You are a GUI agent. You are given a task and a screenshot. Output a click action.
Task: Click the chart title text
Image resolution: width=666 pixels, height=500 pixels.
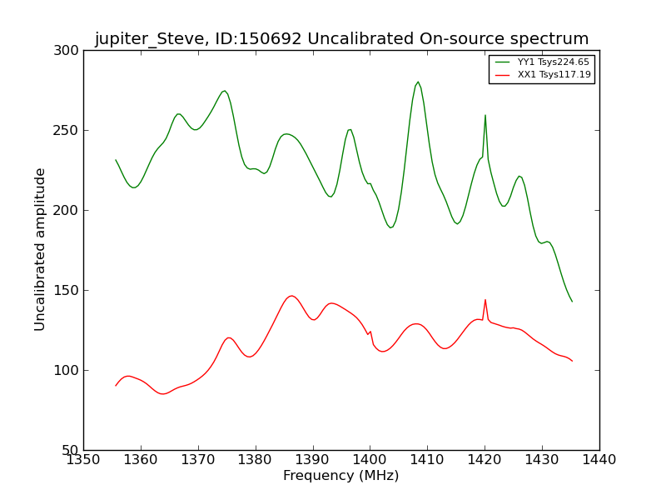(341, 39)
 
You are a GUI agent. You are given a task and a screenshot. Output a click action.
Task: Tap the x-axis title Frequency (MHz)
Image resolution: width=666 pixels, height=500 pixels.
(340, 476)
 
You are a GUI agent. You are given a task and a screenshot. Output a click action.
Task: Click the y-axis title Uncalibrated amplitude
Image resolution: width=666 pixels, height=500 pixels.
(41, 249)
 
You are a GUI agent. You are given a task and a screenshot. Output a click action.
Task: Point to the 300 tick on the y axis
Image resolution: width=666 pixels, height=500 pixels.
(70, 51)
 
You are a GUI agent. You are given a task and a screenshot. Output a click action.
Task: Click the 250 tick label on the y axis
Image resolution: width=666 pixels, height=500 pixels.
(70, 131)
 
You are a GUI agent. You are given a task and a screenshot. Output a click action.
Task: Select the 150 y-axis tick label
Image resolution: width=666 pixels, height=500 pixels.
(70, 291)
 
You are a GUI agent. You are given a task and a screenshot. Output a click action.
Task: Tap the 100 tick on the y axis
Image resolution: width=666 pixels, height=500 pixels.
(70, 371)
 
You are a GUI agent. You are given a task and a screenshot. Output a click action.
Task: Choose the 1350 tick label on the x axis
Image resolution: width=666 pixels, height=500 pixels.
(83, 459)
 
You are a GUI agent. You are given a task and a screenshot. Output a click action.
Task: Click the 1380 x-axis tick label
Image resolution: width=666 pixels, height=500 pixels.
(255, 459)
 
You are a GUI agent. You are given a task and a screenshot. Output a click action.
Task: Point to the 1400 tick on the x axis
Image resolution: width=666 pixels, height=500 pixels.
(370, 459)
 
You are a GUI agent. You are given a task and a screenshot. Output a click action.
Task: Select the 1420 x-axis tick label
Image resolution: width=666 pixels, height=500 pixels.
(485, 459)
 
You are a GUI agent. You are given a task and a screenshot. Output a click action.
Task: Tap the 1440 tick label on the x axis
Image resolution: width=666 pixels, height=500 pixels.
(599, 459)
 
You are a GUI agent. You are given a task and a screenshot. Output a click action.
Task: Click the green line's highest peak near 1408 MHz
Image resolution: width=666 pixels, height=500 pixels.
(418, 82)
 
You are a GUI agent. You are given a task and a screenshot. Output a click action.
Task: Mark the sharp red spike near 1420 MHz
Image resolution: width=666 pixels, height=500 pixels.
(485, 300)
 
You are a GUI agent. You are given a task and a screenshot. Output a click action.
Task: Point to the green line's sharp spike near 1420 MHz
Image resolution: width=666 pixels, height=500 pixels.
(485, 115)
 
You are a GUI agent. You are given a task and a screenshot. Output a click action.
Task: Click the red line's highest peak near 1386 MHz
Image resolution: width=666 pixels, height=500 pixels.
(291, 296)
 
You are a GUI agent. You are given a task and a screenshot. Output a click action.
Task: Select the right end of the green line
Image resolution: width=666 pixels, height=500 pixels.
(572, 302)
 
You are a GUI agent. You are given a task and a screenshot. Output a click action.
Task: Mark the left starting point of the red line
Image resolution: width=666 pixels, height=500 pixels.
(116, 386)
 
